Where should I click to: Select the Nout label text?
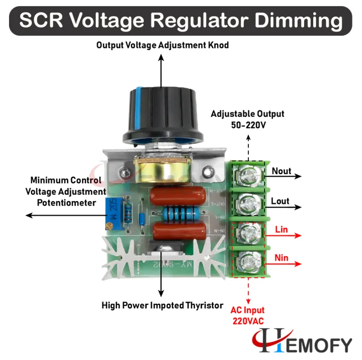click(x=281, y=171)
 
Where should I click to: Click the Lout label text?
click(x=280, y=201)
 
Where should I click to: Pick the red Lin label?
click(x=281, y=229)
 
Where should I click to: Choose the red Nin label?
click(x=281, y=259)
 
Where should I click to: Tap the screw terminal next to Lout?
click(x=247, y=204)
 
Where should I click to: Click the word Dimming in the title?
click(x=297, y=21)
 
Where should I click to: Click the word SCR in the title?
click(x=42, y=21)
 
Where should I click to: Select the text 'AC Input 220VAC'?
click(x=247, y=315)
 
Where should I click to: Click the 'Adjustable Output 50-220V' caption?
click(x=247, y=119)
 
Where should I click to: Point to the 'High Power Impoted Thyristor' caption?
click(x=162, y=305)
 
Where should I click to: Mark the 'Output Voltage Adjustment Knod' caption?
click(x=162, y=45)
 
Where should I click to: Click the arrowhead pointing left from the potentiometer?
click(x=29, y=215)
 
